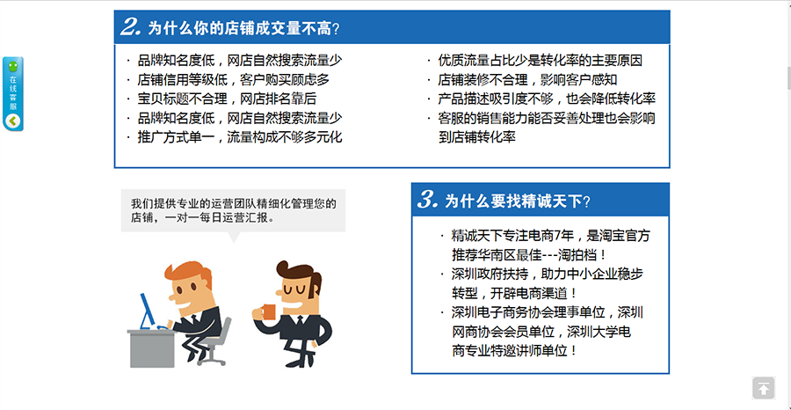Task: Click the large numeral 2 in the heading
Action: point(130,26)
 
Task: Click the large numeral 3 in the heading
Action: point(427,200)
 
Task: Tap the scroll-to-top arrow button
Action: point(763,388)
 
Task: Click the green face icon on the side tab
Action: point(13,66)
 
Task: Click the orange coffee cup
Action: point(270,311)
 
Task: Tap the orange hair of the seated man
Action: point(185,274)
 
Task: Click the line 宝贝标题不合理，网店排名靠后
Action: point(227,99)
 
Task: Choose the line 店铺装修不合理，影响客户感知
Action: point(527,80)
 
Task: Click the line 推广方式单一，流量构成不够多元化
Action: point(240,137)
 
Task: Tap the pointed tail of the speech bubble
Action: point(234,237)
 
